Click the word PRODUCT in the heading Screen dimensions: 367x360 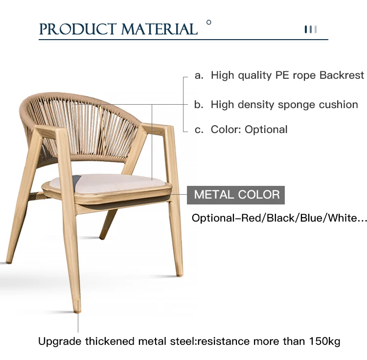coord(78,29)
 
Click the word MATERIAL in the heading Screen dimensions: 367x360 coord(160,29)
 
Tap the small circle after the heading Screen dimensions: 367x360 coord(209,22)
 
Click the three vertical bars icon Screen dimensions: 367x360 coord(311,29)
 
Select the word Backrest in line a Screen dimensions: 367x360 coord(342,75)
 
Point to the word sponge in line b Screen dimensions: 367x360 coord(297,105)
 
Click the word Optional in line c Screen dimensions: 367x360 coord(266,129)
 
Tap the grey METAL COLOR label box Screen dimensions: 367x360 coord(236,195)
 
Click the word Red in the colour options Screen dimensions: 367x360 coord(251,218)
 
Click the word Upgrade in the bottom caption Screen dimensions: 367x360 coord(60,342)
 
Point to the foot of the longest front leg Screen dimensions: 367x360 coord(77,311)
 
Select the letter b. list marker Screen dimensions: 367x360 coord(199,105)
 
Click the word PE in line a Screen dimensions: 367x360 coord(282,75)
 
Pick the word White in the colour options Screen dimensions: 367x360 coord(342,218)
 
